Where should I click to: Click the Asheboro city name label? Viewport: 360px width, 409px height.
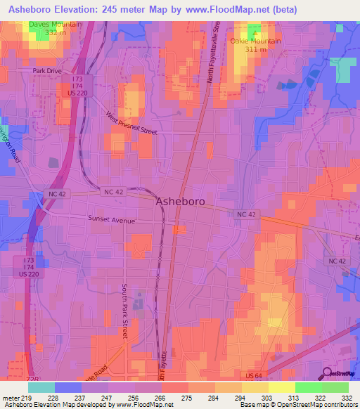click(180, 201)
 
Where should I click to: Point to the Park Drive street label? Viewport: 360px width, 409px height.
click(47, 71)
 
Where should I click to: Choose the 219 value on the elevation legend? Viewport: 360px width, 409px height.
click(28, 398)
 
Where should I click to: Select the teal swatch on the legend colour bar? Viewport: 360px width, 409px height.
click(41, 387)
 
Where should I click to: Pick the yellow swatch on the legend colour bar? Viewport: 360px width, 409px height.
click(281, 387)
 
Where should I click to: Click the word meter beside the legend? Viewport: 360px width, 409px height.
click(11, 398)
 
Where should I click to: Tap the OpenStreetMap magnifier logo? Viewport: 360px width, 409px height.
click(327, 373)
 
